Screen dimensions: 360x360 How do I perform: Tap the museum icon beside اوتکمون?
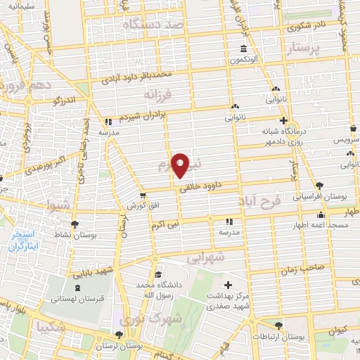pyautogui.click(x=243, y=49)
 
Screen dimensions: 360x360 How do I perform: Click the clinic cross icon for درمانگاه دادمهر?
pyautogui.click(x=283, y=120)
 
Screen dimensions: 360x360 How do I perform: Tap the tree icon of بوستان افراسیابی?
pyautogui.click(x=320, y=184)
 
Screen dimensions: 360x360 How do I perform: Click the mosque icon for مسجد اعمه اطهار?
pyautogui.click(x=321, y=215)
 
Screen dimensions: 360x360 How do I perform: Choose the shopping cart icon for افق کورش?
pyautogui.click(x=143, y=195)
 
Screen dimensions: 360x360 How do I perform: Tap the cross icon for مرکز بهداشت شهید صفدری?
pyautogui.click(x=227, y=284)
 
